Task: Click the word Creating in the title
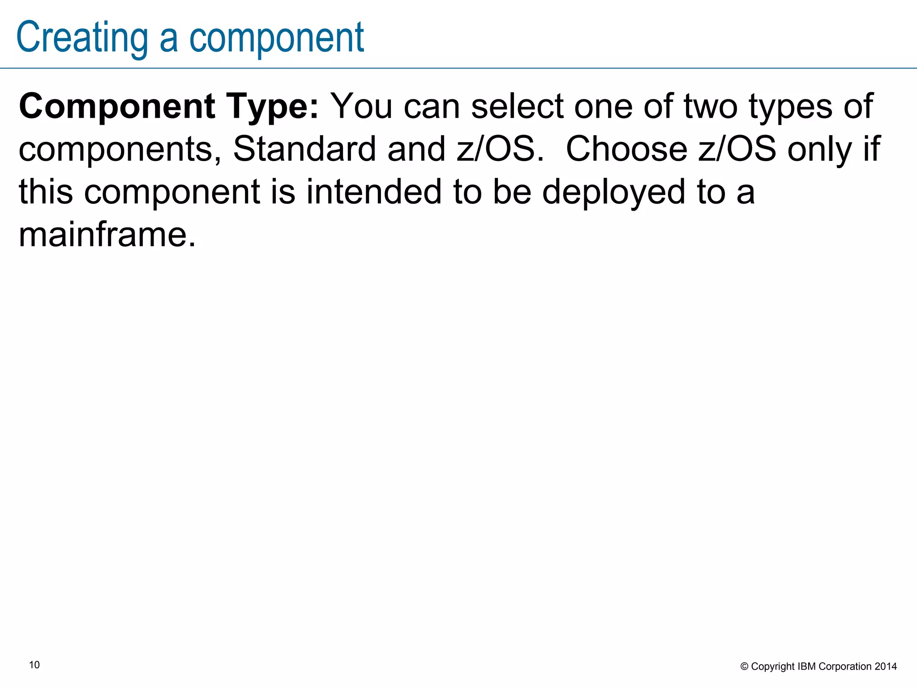(82, 38)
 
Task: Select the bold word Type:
(273, 107)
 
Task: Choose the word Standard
(304, 149)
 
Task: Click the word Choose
(626, 149)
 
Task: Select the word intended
(374, 191)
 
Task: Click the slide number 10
(34, 665)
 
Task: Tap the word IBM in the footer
(807, 666)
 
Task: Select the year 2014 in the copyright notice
(886, 666)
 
